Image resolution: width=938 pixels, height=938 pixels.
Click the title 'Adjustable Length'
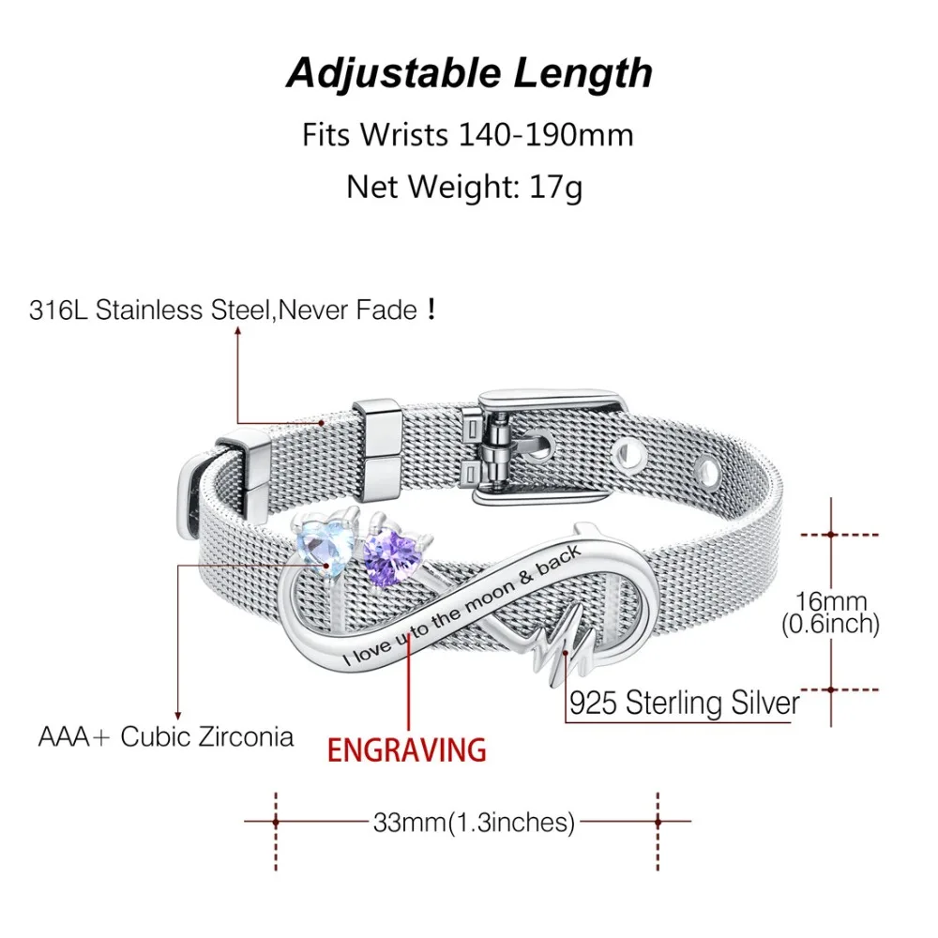tap(469, 73)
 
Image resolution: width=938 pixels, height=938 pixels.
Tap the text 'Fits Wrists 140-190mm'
tap(468, 134)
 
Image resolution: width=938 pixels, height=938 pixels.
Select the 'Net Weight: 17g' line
tap(464, 187)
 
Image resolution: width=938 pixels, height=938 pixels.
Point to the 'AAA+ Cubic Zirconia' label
tap(166, 736)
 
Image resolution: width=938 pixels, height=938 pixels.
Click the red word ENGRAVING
tap(407, 750)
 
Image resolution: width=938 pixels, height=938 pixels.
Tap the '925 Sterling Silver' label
tap(685, 703)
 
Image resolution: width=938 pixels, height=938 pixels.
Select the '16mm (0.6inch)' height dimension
tap(830, 612)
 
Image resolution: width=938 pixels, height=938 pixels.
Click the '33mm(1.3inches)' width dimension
tap(474, 822)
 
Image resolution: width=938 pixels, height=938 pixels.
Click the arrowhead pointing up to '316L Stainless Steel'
tap(237, 332)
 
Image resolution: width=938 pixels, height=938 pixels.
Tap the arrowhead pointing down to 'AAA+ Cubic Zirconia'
tap(177, 715)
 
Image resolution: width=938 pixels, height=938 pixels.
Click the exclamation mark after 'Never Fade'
tap(431, 309)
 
